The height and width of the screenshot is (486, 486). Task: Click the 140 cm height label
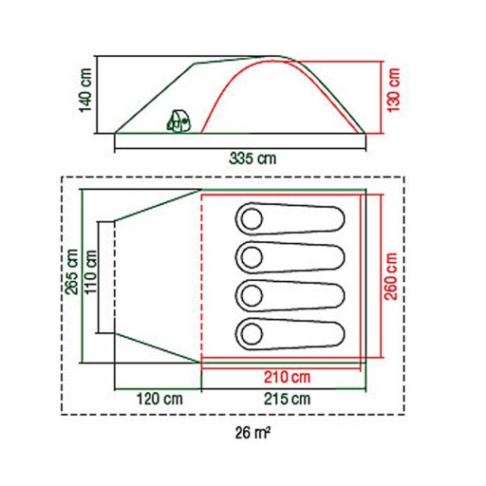[85, 90]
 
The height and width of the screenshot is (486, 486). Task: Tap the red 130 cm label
[394, 90]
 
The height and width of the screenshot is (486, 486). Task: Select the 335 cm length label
[252, 159]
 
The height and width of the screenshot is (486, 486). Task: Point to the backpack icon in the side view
[179, 121]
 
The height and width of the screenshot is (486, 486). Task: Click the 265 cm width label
[71, 271]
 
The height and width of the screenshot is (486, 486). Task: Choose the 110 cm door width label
[90, 271]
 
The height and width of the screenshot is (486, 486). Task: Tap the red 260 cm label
[391, 276]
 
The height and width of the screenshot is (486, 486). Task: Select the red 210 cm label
[288, 377]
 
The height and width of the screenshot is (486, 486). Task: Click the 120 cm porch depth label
[159, 399]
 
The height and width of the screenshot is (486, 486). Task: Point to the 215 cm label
[288, 399]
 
